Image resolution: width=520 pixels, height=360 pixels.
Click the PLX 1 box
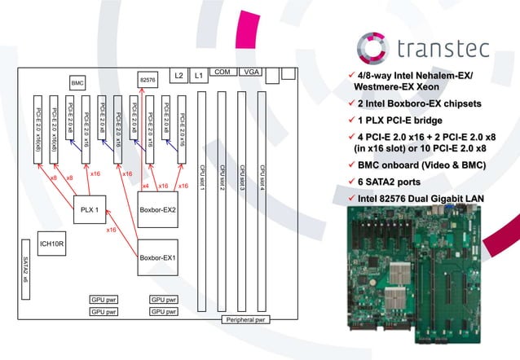tap(89, 209)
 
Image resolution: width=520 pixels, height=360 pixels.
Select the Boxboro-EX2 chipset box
tap(158, 209)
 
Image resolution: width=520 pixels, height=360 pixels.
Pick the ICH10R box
tap(51, 244)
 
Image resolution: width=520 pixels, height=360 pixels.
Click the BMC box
tap(77, 82)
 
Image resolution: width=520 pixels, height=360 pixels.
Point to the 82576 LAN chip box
tap(148, 79)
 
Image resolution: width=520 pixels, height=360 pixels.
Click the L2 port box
tap(178, 76)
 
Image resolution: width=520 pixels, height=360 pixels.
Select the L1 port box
tap(197, 76)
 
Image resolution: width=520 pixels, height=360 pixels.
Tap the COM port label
tap(222, 72)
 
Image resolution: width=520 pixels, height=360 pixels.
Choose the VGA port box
tap(249, 72)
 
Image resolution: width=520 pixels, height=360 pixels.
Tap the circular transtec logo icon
tap(377, 47)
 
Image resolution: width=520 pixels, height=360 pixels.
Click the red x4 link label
tap(145, 187)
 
